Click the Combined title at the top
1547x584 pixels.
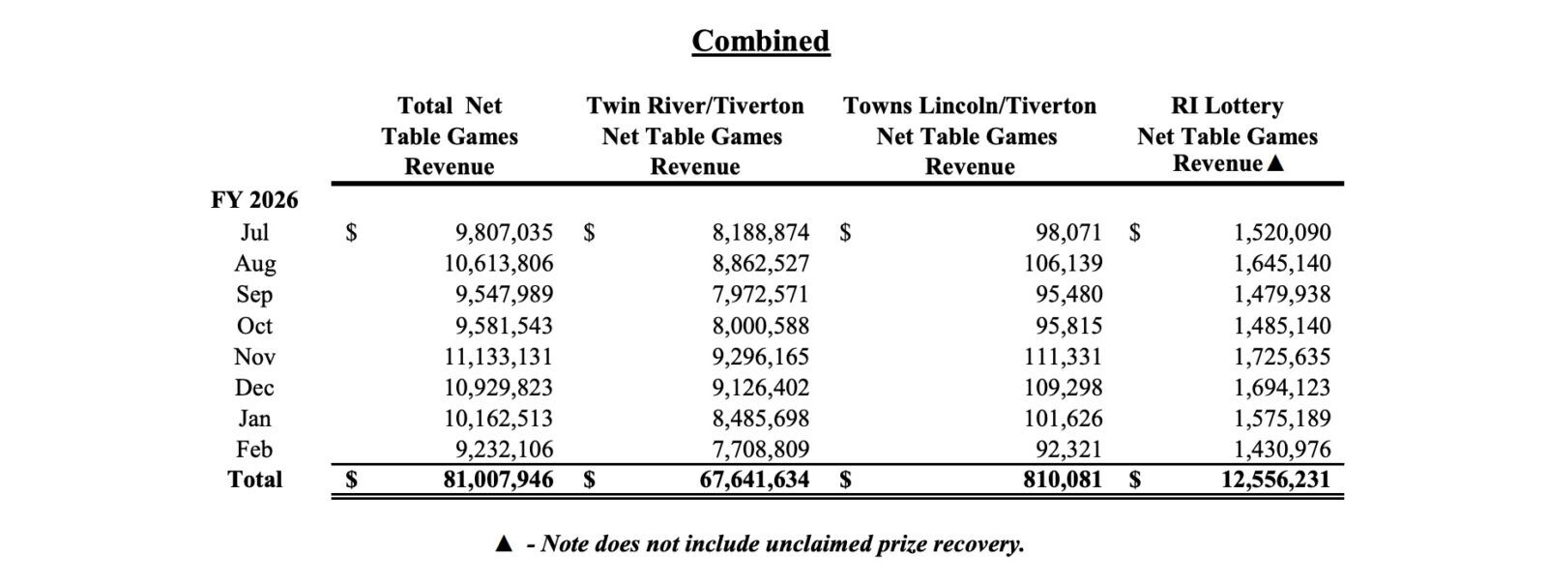coord(760,41)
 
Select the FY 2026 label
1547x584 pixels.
coord(254,200)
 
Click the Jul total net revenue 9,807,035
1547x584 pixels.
coord(504,232)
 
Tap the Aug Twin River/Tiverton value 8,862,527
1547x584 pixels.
coord(760,263)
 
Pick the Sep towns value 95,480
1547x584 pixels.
coord(1069,294)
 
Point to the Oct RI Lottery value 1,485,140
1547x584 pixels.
coord(1282,326)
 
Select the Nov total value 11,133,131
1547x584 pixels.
coord(498,357)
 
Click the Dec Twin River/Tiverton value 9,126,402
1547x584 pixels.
coord(760,388)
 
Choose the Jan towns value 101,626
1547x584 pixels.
coord(1064,419)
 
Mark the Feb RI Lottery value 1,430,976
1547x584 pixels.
coord(1282,450)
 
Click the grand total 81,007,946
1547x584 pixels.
coord(498,480)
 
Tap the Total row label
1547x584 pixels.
coord(254,480)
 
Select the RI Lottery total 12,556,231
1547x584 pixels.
coord(1275,480)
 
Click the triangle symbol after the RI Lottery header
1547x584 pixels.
coord(1275,163)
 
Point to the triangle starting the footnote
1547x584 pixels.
coord(503,544)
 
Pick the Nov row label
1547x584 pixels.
coord(254,357)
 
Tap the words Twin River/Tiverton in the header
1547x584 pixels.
coord(694,105)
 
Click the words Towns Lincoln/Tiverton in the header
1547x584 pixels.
coord(969,105)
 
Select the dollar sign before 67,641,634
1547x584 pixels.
coord(589,480)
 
